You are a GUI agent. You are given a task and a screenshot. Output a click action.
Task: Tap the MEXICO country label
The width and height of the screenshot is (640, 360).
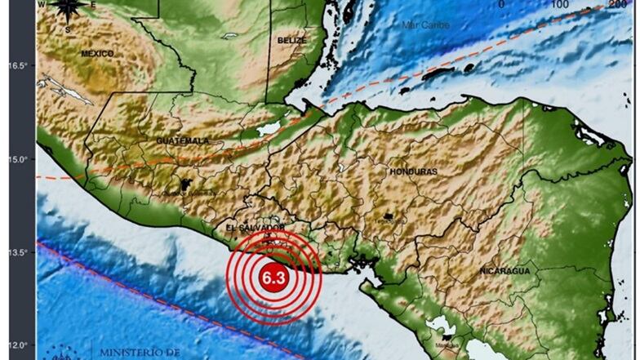(97, 53)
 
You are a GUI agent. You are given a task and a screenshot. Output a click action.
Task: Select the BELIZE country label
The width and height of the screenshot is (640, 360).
(291, 39)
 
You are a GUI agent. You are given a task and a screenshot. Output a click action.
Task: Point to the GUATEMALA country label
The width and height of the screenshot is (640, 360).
(183, 141)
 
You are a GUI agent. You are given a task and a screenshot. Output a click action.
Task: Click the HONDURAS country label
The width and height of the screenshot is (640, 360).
(414, 171)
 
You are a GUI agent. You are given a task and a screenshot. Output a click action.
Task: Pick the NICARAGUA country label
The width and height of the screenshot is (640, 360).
(504, 270)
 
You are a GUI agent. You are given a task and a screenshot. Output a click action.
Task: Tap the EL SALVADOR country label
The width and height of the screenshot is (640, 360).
(255, 227)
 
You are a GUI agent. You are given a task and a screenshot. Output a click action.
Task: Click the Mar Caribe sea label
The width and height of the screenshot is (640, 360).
(426, 24)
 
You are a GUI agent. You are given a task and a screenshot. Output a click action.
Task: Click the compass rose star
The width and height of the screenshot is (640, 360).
(68, 9)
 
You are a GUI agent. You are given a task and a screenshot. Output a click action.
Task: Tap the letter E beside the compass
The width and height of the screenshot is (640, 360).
(93, 6)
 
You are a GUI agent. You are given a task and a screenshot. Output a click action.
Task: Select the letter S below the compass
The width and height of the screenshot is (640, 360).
(68, 29)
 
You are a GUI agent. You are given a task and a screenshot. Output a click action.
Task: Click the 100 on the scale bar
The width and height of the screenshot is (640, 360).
(560, 5)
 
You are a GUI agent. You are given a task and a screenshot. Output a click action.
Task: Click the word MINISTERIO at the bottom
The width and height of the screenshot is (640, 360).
(139, 353)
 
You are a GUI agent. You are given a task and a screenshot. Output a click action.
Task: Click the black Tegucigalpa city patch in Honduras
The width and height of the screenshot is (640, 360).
(389, 216)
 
